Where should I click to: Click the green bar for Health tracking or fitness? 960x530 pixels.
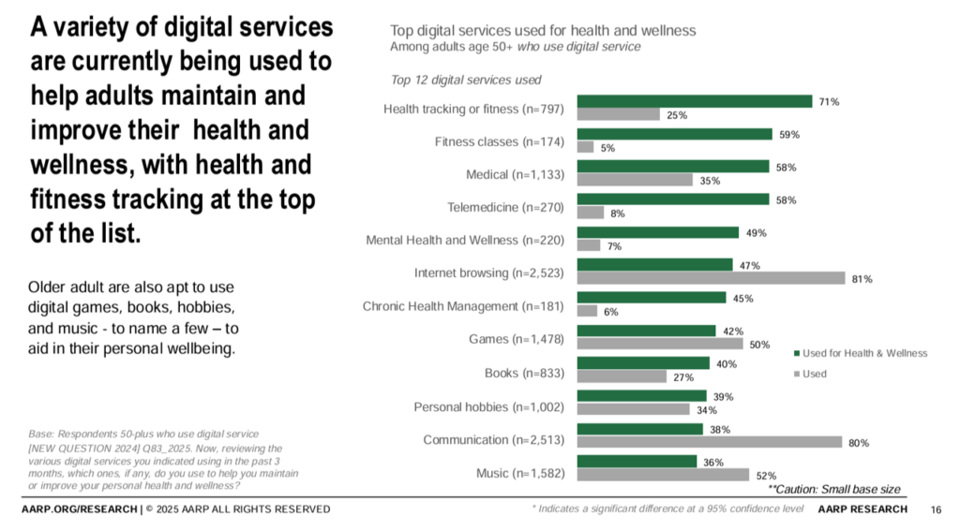(694, 101)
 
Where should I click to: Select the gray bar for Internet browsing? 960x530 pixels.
(712, 278)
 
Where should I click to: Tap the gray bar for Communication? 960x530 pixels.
(710, 442)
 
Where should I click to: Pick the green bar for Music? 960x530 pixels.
(637, 462)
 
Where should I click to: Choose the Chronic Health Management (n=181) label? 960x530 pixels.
(463, 306)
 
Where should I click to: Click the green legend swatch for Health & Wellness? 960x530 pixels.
(796, 353)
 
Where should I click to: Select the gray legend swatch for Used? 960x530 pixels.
(796, 374)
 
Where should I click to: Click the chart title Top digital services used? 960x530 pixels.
(543, 30)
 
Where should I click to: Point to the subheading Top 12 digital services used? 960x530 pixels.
(465, 80)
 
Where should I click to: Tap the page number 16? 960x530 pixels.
(936, 509)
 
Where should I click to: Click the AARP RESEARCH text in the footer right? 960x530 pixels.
(862, 509)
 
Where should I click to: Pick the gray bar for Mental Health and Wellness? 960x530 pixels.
(589, 245)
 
